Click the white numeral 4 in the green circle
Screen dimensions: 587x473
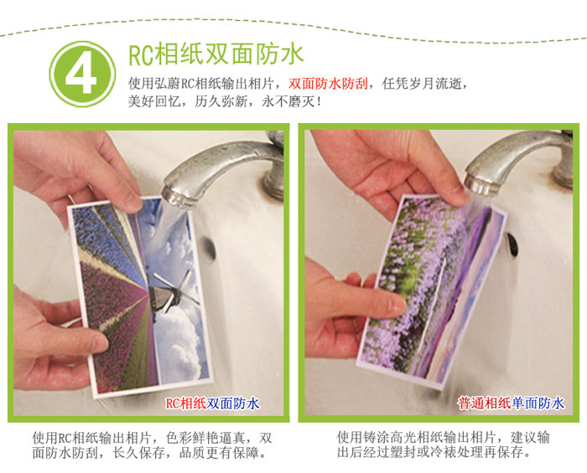pyautogui.click(x=81, y=75)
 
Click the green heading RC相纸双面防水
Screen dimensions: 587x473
pyautogui.click(x=216, y=54)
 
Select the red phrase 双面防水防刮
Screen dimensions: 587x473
pyautogui.click(x=328, y=84)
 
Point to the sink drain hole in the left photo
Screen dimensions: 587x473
pyautogui.click(x=210, y=249)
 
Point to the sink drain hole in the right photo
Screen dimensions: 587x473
pyautogui.click(x=512, y=244)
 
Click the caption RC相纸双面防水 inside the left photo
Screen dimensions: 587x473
pyautogui.click(x=212, y=404)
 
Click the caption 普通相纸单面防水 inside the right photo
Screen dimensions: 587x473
pyautogui.click(x=511, y=404)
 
